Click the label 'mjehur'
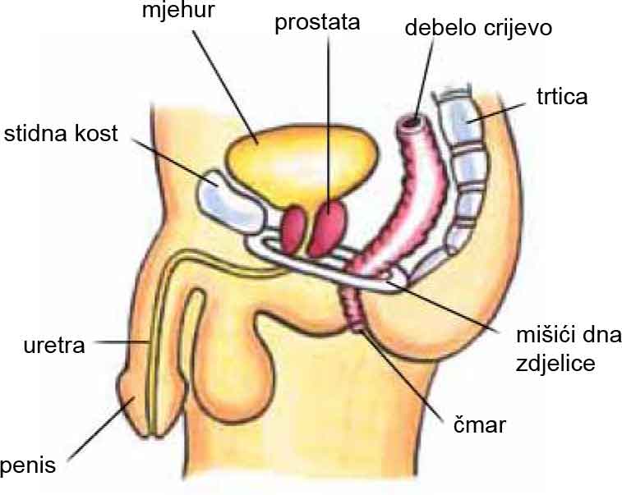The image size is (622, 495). (178, 10)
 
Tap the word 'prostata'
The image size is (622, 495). (317, 23)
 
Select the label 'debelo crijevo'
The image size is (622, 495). (478, 29)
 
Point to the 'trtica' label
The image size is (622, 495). (562, 97)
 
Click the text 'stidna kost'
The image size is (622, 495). (61, 134)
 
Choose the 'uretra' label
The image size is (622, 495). (54, 346)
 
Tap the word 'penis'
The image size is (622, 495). (28, 465)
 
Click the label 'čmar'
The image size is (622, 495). (480, 425)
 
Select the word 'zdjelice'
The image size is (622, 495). (555, 364)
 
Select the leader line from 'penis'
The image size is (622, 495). (101, 429)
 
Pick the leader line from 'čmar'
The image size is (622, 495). (402, 374)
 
